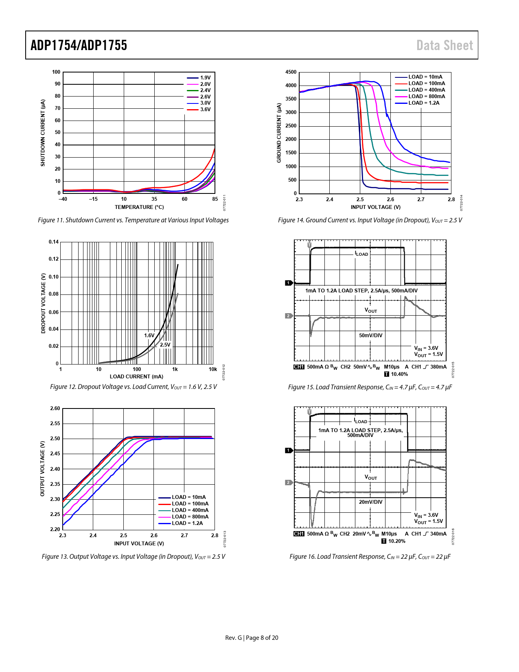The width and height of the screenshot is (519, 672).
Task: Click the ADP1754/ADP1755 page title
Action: [79, 45]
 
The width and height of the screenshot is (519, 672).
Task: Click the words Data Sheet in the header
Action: [445, 45]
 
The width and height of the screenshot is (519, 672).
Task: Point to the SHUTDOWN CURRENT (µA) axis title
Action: [43, 133]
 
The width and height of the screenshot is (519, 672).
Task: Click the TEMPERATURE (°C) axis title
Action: [139, 207]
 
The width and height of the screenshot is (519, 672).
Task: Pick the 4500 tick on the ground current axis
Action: [291, 72]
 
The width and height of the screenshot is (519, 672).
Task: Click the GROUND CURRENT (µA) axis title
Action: [279, 133]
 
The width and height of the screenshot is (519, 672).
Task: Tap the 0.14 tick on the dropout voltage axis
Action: [54, 242]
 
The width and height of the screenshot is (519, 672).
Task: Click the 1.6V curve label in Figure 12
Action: [149, 336]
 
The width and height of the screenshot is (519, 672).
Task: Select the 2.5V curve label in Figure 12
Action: [165, 345]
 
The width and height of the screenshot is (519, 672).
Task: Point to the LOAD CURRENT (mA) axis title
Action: [136, 377]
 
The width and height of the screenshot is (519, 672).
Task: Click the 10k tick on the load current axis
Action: [213, 369]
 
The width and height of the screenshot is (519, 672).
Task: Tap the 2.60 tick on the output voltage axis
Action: [55, 408]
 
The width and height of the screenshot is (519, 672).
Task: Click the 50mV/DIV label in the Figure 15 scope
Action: [370, 336]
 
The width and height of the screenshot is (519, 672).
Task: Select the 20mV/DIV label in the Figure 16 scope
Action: [370, 502]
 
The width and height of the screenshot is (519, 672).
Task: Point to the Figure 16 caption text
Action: [370, 557]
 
